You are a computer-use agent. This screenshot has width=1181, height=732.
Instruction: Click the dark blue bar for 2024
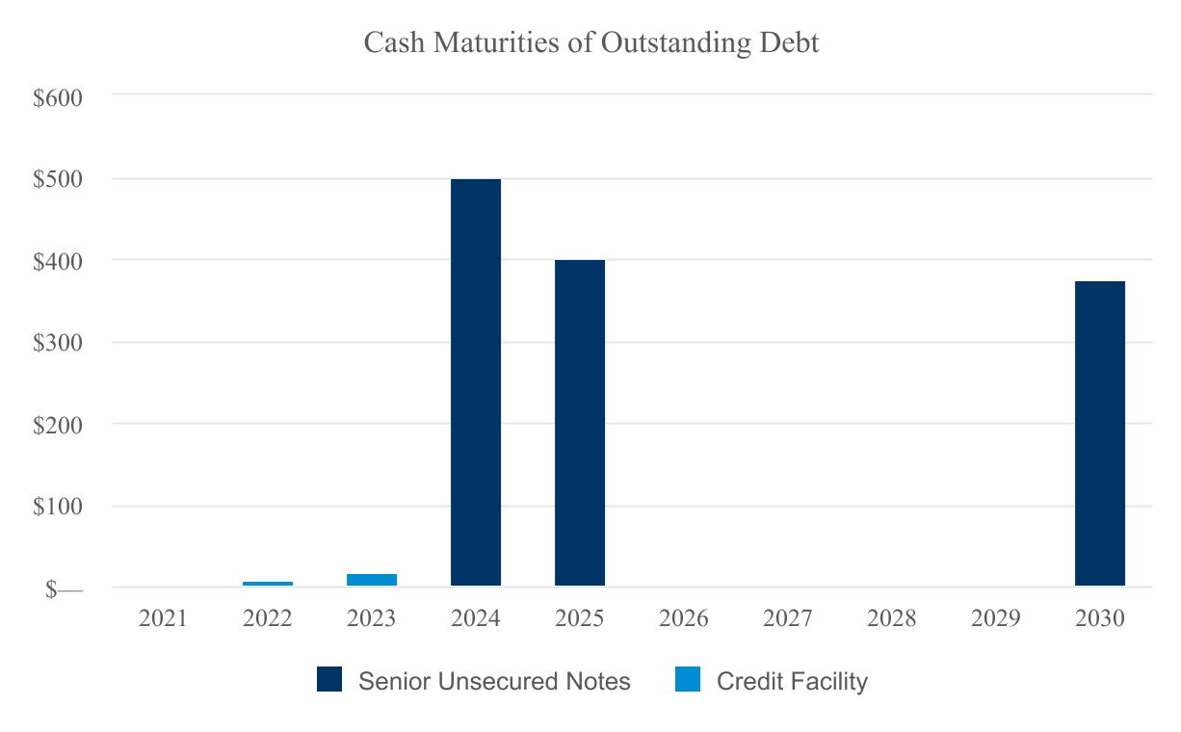[x=476, y=382]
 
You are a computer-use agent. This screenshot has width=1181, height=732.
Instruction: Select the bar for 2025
[x=580, y=423]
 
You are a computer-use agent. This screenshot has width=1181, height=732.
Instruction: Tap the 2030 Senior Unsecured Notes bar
[x=1100, y=433]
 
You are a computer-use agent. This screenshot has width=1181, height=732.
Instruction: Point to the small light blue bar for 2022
[x=268, y=583]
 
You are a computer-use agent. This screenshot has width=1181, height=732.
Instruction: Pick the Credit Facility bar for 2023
[x=372, y=580]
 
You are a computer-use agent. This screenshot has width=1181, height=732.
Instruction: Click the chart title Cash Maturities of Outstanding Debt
[x=591, y=43]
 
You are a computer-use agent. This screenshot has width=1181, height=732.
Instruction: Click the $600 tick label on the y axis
[x=59, y=97]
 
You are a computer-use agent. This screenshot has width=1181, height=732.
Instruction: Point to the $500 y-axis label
[x=59, y=179]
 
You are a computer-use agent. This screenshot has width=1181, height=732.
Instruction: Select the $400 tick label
[x=59, y=261]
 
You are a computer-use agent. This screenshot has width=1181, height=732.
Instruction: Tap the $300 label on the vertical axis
[x=59, y=343]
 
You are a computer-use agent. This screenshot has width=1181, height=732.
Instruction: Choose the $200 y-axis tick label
[x=59, y=425]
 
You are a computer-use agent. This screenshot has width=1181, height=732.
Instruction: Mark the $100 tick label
[x=59, y=507]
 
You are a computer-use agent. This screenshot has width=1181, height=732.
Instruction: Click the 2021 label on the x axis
[x=164, y=618]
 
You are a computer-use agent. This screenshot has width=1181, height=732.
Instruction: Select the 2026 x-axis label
[x=684, y=618]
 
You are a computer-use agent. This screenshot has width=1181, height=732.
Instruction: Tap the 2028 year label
[x=892, y=618]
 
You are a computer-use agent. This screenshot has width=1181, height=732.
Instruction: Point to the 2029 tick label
[x=996, y=618]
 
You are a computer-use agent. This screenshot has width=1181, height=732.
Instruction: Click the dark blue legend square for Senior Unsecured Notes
[x=329, y=681]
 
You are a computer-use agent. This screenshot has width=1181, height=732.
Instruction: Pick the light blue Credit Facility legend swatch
[x=688, y=681]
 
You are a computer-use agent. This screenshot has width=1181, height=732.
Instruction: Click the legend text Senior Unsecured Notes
[x=494, y=682]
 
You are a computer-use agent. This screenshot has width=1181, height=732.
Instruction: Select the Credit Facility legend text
[x=792, y=682]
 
